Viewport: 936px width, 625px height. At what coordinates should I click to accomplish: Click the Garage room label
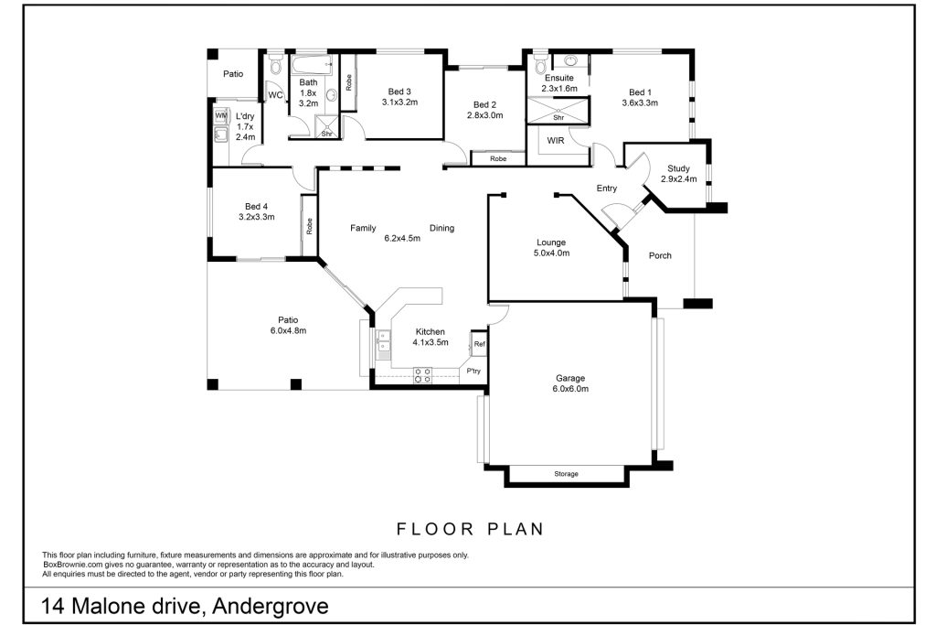click(571, 378)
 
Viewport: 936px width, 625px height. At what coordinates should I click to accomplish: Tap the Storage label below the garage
click(566, 474)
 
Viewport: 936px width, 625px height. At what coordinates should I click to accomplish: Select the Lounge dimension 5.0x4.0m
click(552, 253)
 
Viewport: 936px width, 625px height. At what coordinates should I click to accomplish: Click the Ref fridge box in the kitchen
click(478, 345)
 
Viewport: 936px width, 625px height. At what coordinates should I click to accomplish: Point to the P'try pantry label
click(473, 371)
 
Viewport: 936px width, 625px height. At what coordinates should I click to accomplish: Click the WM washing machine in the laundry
click(220, 116)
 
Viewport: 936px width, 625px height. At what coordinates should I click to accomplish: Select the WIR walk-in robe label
click(555, 141)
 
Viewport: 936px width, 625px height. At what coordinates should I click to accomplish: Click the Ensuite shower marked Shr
click(558, 113)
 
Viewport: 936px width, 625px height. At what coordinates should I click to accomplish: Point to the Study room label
click(678, 168)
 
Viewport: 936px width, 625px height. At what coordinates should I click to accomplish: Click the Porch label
click(660, 255)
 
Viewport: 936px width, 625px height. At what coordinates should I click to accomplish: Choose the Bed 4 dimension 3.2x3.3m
click(257, 217)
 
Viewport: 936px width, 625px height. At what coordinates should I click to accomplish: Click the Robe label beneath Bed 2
click(498, 159)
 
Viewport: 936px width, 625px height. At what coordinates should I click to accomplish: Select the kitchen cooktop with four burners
click(423, 372)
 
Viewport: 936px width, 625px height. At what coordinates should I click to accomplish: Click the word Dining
click(442, 228)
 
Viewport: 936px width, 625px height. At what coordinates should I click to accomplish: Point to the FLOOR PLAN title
click(470, 528)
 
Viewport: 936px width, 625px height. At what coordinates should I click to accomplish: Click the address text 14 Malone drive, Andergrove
click(185, 606)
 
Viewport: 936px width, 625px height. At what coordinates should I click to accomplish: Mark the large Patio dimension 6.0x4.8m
click(288, 330)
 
